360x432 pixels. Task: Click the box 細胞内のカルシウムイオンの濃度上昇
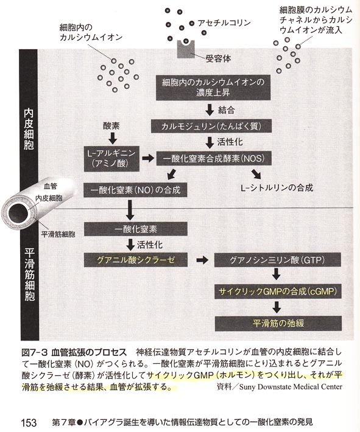click(213, 88)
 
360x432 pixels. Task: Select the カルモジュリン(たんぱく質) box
click(211, 126)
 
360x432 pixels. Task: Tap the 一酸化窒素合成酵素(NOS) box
click(214, 158)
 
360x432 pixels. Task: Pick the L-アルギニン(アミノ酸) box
click(111, 159)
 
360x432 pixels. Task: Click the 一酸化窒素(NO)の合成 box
click(135, 190)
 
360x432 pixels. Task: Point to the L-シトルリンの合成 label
click(277, 188)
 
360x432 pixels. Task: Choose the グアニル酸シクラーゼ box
click(135, 260)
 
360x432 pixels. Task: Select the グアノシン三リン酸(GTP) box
click(278, 260)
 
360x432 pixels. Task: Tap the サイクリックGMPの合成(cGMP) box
click(278, 291)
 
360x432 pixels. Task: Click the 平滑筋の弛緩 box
click(278, 323)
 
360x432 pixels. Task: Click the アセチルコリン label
click(224, 23)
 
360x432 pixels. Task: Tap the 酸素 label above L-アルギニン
click(111, 126)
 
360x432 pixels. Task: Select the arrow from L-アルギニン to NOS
click(148, 158)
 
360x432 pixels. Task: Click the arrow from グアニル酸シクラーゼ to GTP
click(202, 260)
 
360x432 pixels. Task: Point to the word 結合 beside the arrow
click(227, 110)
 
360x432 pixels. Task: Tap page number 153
click(29, 422)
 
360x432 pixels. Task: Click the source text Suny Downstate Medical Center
click(291, 387)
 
